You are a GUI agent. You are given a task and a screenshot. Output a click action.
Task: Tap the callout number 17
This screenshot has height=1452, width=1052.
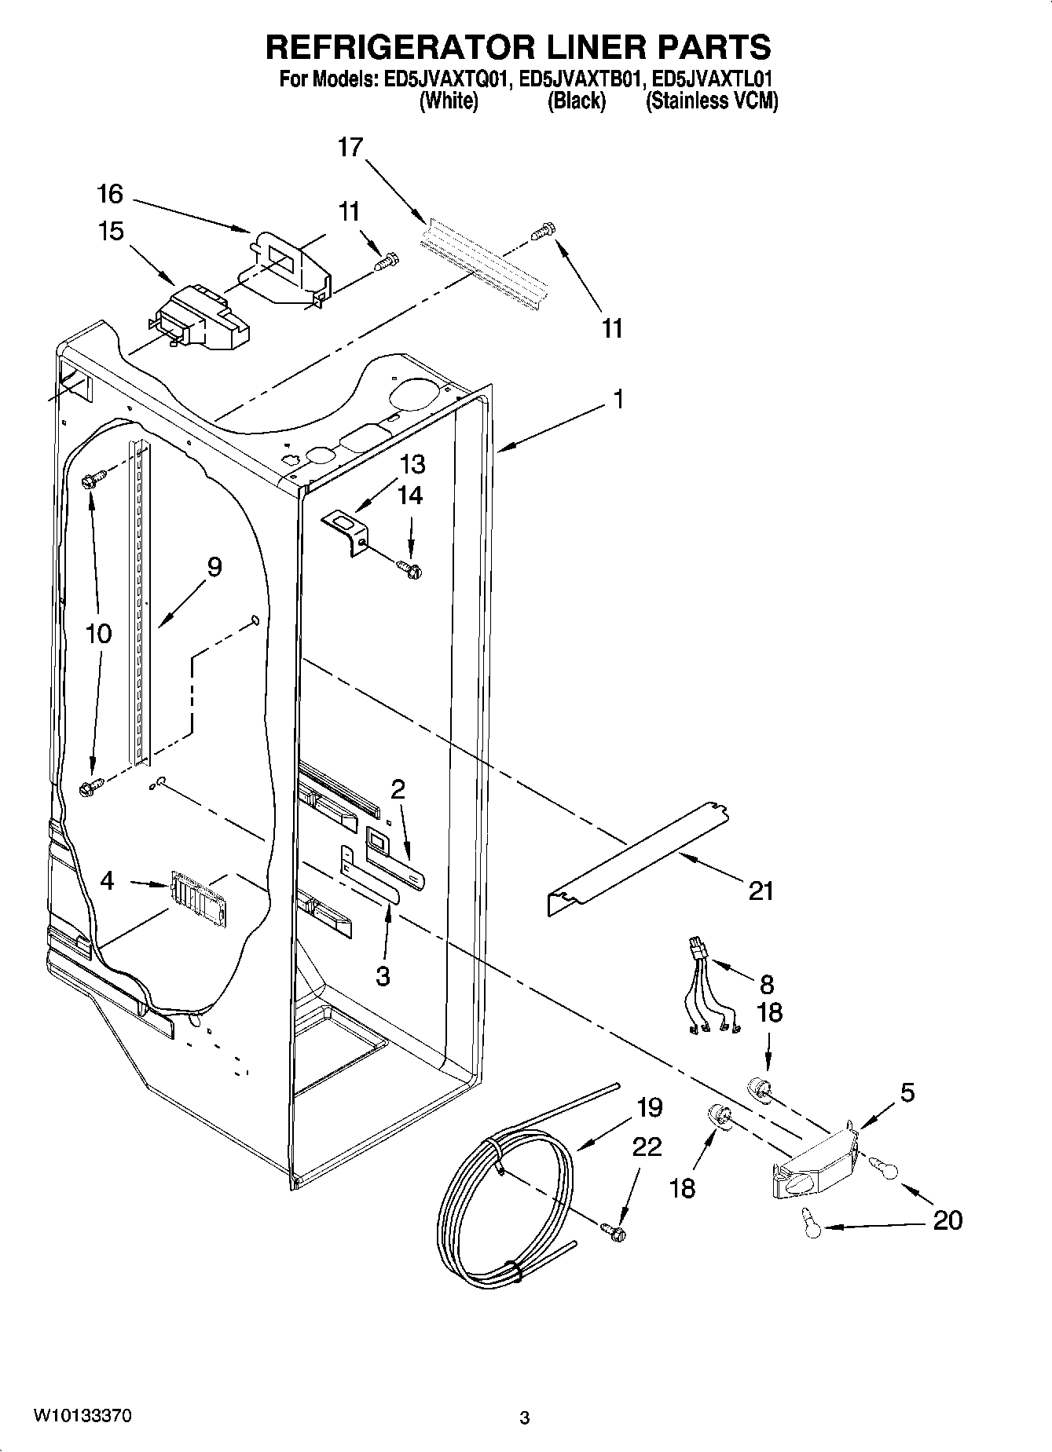coord(350,147)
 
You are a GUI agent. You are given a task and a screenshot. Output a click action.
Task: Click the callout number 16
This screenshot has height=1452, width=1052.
coord(111,194)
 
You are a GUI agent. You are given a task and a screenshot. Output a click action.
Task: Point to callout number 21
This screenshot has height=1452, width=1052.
coord(761,891)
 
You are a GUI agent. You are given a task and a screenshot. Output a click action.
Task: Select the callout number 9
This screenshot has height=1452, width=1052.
coord(214,567)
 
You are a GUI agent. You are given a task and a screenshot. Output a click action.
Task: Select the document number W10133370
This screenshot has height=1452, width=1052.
coord(82,1416)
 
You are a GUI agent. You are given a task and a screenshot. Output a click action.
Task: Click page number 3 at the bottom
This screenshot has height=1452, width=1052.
coord(525,1418)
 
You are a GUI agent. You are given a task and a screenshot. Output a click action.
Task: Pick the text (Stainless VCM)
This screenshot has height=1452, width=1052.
coord(711,101)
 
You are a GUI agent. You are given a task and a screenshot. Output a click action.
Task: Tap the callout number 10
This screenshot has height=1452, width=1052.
coord(98,634)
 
